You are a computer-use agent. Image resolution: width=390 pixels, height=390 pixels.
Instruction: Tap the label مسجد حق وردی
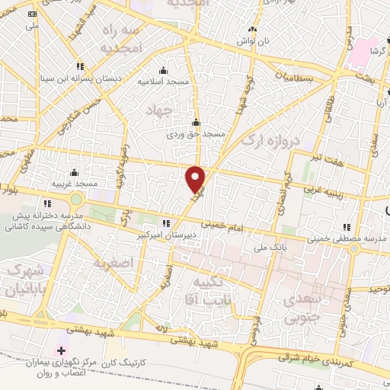(197, 134)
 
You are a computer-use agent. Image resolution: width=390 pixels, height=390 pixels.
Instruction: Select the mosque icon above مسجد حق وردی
(197, 122)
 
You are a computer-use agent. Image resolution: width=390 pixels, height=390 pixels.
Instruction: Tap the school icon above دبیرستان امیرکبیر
(167, 224)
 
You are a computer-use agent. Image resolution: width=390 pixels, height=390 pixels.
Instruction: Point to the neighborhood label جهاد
(156, 110)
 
